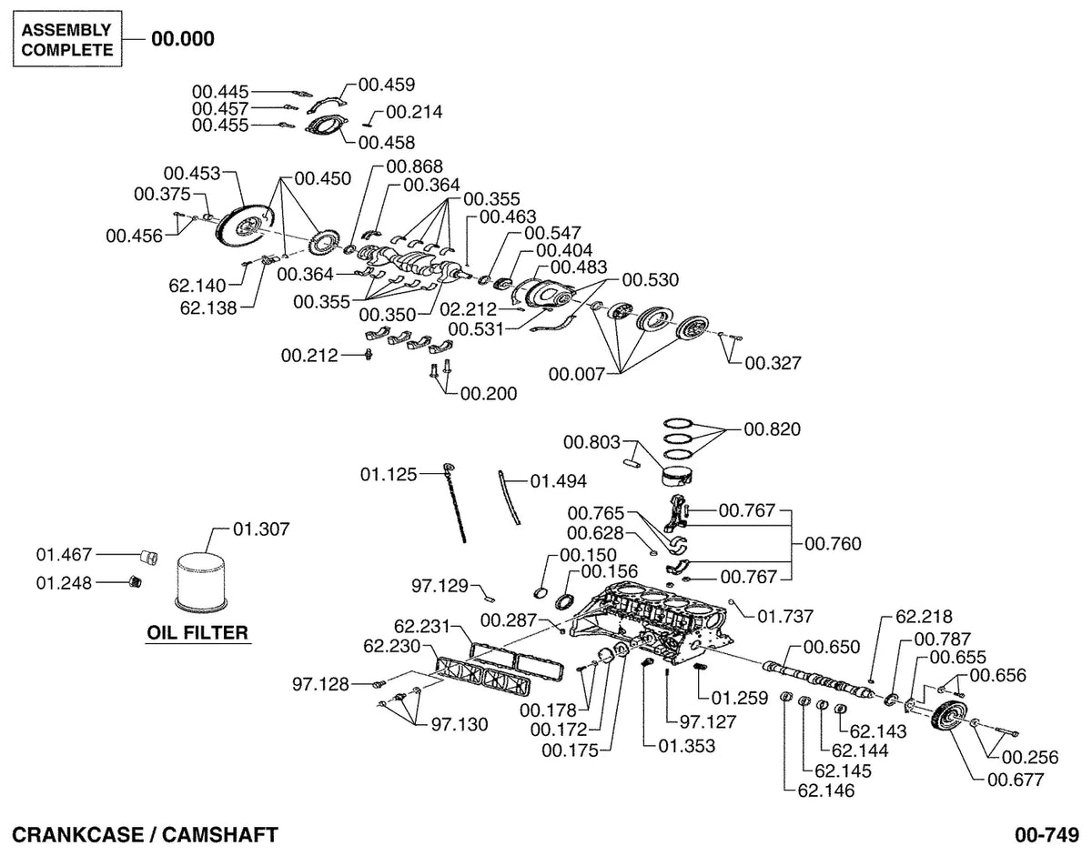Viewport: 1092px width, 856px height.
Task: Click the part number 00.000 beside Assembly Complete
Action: pyautogui.click(x=183, y=39)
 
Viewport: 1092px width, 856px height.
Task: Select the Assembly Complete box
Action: pyautogui.click(x=67, y=39)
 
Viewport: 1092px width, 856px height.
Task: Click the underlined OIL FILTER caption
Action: pyautogui.click(x=197, y=633)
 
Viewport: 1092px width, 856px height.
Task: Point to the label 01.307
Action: pyautogui.click(x=261, y=529)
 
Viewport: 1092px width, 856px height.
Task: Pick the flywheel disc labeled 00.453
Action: pyautogui.click(x=240, y=229)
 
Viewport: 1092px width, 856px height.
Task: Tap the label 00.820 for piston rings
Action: pyautogui.click(x=772, y=429)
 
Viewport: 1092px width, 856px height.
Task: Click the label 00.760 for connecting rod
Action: pyautogui.click(x=833, y=544)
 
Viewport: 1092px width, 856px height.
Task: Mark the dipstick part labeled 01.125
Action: pyautogui.click(x=455, y=502)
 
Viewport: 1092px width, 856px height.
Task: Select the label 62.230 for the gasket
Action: pyautogui.click(x=391, y=646)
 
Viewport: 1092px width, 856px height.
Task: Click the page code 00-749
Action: pyautogui.click(x=1046, y=835)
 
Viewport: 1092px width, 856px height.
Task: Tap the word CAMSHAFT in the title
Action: pyautogui.click(x=219, y=835)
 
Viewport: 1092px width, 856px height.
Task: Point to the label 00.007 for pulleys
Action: pyautogui.click(x=577, y=374)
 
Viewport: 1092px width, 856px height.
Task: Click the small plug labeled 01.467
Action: pyautogui.click(x=148, y=557)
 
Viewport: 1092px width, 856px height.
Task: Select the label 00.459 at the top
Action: pyautogui.click(x=387, y=85)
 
